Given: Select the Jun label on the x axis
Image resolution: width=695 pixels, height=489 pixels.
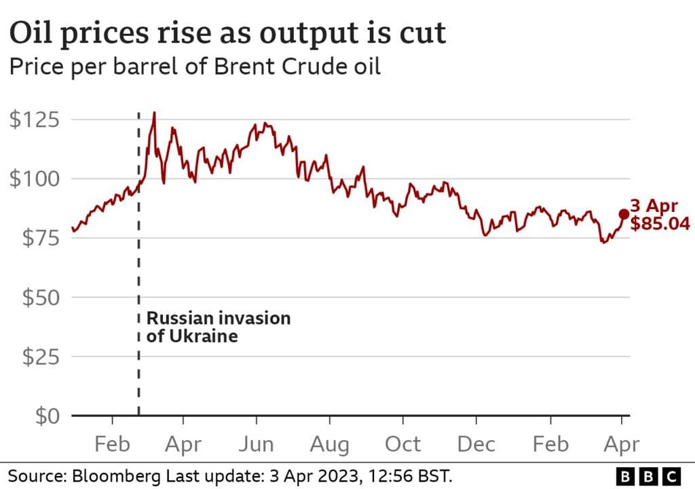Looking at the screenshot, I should point(256,445).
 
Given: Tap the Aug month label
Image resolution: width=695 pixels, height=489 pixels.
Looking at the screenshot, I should point(329,445).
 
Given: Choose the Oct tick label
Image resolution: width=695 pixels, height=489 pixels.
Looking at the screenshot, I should point(403,445).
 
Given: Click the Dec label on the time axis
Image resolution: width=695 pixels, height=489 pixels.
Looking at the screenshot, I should point(477,445).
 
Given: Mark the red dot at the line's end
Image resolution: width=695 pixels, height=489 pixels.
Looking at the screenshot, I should point(624,214).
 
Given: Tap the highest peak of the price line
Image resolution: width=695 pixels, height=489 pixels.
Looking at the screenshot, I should point(154,113).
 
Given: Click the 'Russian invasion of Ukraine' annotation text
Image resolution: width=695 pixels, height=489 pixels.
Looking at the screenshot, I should point(218,327).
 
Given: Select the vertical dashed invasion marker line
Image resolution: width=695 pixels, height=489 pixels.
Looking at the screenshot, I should point(139,272).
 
